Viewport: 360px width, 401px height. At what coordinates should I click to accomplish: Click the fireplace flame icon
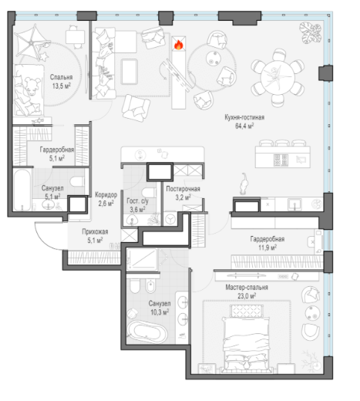click(178, 45)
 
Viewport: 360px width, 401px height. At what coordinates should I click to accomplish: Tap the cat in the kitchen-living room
click(244, 184)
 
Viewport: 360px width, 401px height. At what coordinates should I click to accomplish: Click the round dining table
click(278, 78)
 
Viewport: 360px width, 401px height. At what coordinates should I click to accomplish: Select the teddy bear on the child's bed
click(32, 86)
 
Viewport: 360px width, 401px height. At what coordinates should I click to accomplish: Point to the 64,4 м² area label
click(244, 126)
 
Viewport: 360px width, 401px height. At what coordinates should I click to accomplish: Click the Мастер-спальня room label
click(247, 287)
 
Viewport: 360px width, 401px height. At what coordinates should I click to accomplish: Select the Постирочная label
click(183, 189)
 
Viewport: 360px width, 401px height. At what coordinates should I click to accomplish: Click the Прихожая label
click(95, 231)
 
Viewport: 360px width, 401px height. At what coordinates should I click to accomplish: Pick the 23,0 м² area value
click(247, 296)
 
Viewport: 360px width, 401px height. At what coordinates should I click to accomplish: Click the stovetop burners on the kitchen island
click(281, 160)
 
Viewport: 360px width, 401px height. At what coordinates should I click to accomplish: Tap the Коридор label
click(106, 195)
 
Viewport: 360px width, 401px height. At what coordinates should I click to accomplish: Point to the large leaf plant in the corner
click(311, 32)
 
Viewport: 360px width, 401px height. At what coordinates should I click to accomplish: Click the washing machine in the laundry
click(170, 219)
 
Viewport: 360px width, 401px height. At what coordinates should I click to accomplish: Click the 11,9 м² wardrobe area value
click(267, 248)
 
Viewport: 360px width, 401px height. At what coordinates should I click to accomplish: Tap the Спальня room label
click(61, 77)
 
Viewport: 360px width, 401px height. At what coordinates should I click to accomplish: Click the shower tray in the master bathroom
click(142, 259)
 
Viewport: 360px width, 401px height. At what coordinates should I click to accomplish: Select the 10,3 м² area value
click(160, 312)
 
